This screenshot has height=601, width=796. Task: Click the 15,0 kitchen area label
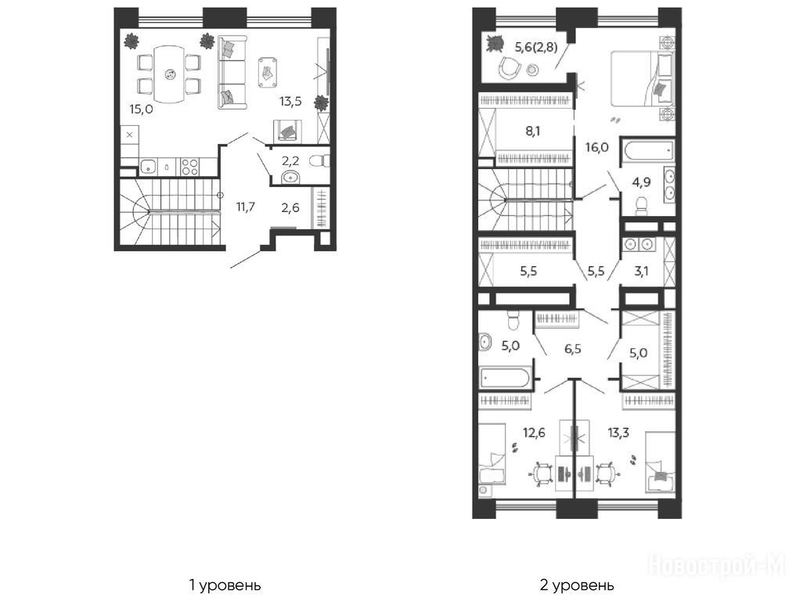pos(141,109)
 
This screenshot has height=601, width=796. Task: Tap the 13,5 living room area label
pos(290,101)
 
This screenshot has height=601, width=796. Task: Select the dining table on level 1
pos(169,74)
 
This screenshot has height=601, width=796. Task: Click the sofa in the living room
pos(232,72)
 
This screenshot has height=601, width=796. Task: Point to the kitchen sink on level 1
pos(148,166)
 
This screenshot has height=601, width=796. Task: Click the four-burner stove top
pos(190,167)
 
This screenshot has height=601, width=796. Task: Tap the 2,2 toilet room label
pos(290,161)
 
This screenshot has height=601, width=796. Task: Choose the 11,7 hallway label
pos(245,207)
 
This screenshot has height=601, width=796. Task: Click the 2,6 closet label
pos(290,207)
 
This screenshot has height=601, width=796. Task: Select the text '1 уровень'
pos(225,585)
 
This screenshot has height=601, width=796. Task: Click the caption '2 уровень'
pos(577,585)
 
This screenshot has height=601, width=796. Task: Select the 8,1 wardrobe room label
pos(532,131)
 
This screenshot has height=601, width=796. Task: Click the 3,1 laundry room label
pos(641,271)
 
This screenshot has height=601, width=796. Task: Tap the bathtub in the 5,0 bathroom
pos(505,378)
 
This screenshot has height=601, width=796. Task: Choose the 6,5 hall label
pos(573,349)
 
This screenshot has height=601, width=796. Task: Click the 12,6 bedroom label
pos(535,433)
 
